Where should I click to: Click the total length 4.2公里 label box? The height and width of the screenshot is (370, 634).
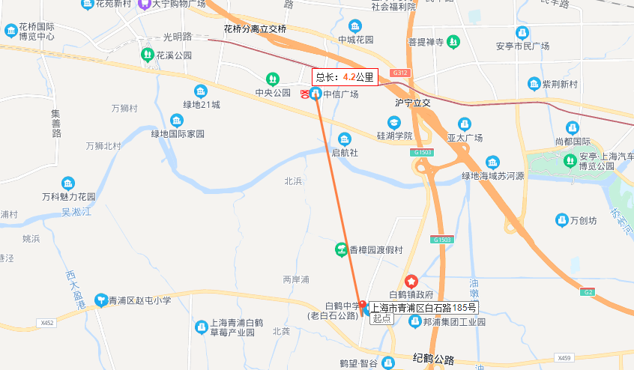click(x=345, y=76)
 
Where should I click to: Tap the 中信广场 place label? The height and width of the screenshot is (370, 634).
click(x=341, y=94)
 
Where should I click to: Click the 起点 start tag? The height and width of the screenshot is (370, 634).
click(x=382, y=318)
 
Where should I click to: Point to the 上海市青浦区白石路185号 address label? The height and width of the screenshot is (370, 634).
click(x=423, y=308)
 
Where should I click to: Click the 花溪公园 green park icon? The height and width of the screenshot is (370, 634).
click(x=147, y=55)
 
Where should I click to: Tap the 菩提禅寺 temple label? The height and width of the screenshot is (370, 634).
click(x=426, y=43)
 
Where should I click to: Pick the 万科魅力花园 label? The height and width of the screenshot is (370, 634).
click(x=68, y=197)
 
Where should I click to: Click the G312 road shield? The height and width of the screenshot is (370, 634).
click(x=402, y=73)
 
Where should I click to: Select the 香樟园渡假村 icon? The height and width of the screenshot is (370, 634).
click(x=340, y=249)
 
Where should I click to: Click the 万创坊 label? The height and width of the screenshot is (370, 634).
click(x=583, y=220)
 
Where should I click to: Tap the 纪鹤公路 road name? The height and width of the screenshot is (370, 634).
click(x=433, y=360)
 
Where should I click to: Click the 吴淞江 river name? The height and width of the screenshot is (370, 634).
click(x=76, y=213)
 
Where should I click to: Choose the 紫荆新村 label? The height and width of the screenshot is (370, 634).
click(x=558, y=83)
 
